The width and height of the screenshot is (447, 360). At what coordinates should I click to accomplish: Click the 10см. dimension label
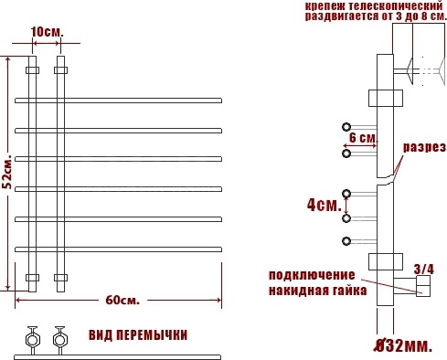tap(47, 32)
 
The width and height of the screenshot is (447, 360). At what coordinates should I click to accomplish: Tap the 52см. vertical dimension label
tap(8, 172)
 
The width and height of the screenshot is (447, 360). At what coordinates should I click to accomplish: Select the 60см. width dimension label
tap(122, 301)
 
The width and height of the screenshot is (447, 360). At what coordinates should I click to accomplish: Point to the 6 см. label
tap(363, 138)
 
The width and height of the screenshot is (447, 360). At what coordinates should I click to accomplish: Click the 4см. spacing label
tap(325, 205)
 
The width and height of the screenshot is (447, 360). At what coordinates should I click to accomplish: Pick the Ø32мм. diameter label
tap(403, 345)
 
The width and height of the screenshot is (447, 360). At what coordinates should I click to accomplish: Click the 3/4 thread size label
tap(423, 269)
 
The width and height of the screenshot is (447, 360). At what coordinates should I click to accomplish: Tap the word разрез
tap(424, 147)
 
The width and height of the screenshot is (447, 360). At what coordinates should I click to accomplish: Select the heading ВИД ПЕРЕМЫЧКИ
tap(138, 335)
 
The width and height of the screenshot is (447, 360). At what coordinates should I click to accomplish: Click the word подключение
tap(312, 275)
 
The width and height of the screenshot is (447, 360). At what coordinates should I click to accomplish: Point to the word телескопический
tap(395, 5)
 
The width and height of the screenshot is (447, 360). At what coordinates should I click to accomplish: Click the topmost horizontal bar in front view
tap(118, 101)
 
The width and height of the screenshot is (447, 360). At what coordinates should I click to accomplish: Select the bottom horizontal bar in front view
tap(118, 249)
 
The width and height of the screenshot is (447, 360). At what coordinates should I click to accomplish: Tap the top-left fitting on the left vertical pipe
tap(32, 70)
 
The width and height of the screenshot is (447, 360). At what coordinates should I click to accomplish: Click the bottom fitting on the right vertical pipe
tap(61, 278)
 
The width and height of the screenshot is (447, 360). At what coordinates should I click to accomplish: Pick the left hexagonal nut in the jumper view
tap(32, 340)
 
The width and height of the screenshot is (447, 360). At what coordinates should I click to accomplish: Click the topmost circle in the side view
tap(346, 127)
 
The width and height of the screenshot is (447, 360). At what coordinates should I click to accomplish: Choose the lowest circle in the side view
tap(346, 241)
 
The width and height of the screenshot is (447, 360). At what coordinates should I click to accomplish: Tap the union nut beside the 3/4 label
tap(423, 286)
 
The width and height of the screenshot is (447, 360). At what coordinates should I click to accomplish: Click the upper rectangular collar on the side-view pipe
tap(386, 98)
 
